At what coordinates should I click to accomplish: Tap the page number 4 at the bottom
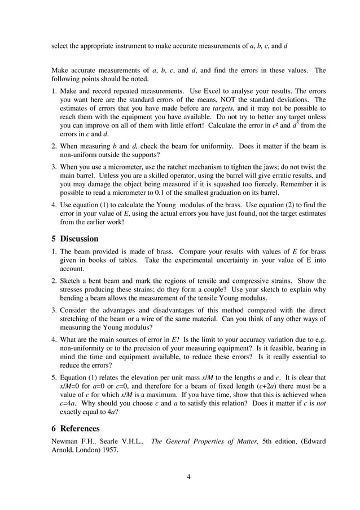coord(188,476)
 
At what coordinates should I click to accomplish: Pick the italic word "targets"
coord(223,107)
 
